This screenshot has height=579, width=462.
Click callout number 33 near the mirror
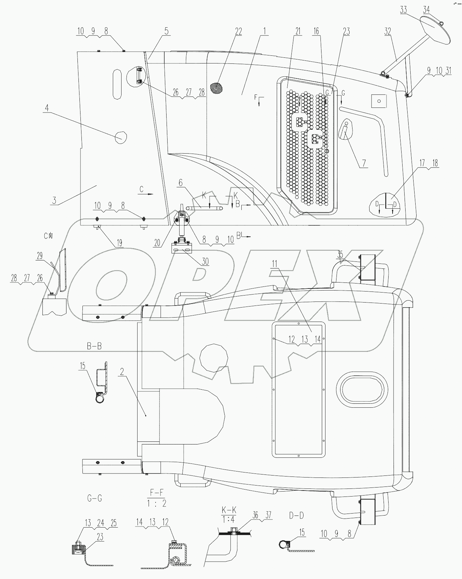[x=403, y=10]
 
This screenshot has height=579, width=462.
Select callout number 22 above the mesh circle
[x=238, y=31]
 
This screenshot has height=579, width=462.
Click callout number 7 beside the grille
[x=364, y=163]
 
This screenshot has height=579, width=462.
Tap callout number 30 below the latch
[x=205, y=261]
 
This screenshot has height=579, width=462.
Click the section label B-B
[x=94, y=346]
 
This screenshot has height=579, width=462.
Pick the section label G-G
[x=94, y=508]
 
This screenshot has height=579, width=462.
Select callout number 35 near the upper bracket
[x=340, y=255]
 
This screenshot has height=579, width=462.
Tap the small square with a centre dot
[x=378, y=100]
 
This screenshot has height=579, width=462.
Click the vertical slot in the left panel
[x=117, y=84]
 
